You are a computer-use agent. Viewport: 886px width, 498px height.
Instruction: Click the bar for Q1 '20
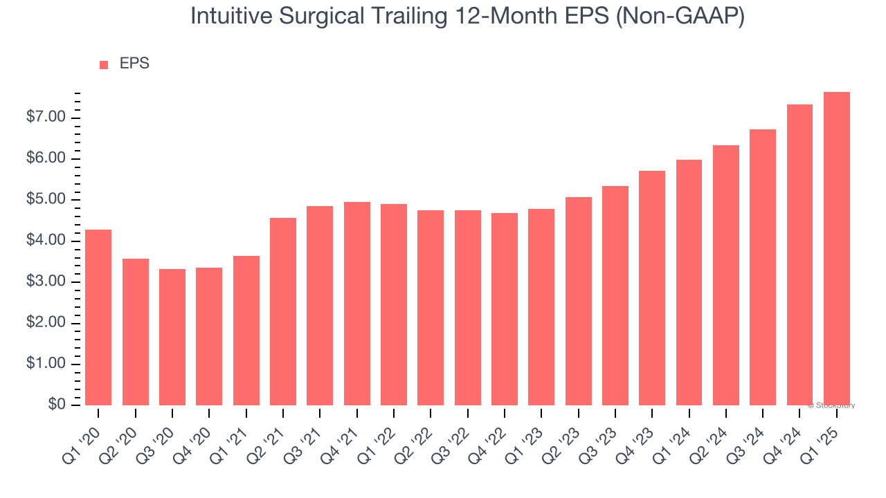[98, 317]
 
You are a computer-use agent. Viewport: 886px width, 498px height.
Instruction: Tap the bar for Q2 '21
[283, 311]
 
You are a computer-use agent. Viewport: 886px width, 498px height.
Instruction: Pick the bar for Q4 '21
[357, 304]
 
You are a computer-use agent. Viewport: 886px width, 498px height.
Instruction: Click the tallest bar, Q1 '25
[837, 249]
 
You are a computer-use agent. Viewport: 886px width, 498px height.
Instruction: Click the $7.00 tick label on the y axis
[46, 118]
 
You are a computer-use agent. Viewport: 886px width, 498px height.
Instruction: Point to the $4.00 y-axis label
[46, 241]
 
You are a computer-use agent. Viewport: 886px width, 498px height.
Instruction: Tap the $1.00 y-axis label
[46, 364]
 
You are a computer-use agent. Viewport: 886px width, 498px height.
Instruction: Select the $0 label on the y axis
[57, 405]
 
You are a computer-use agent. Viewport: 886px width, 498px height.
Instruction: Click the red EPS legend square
[104, 64]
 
